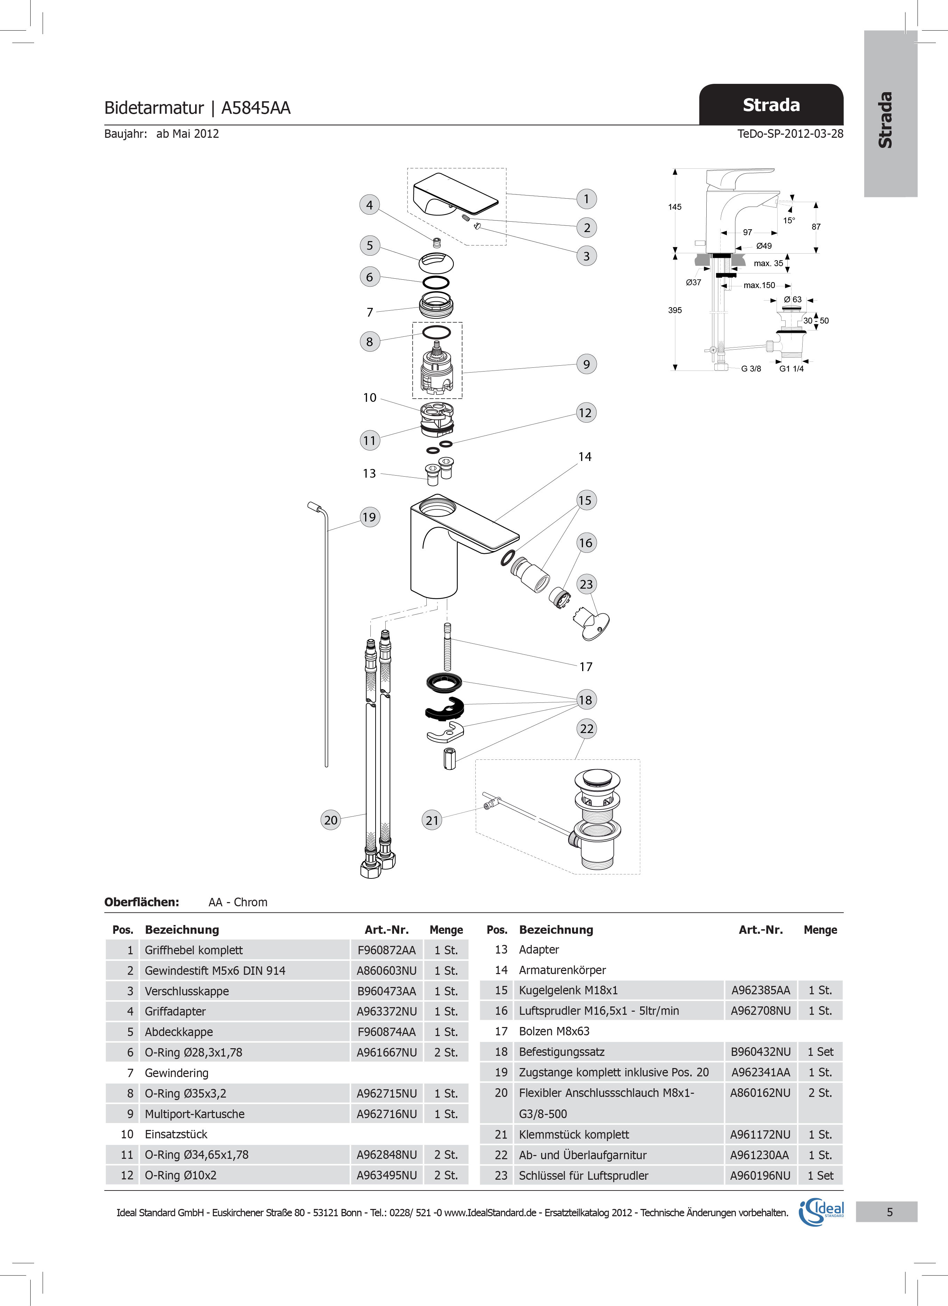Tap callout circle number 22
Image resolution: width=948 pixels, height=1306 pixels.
(x=587, y=729)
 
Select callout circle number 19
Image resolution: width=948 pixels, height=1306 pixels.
(x=369, y=517)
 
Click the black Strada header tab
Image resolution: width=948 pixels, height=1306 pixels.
(x=771, y=105)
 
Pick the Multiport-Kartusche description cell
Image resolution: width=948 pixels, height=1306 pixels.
(x=194, y=1114)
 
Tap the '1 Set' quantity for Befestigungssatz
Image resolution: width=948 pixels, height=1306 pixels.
(x=820, y=1051)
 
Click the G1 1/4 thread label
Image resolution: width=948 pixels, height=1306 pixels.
(x=792, y=368)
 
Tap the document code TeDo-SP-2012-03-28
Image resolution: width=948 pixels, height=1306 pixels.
(x=790, y=134)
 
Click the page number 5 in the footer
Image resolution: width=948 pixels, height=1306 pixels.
(x=889, y=1212)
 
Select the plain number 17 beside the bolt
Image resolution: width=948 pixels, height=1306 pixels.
(x=585, y=667)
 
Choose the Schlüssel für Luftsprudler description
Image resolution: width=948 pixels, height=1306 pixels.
(x=584, y=1175)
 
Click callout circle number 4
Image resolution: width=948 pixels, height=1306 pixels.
(x=370, y=205)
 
